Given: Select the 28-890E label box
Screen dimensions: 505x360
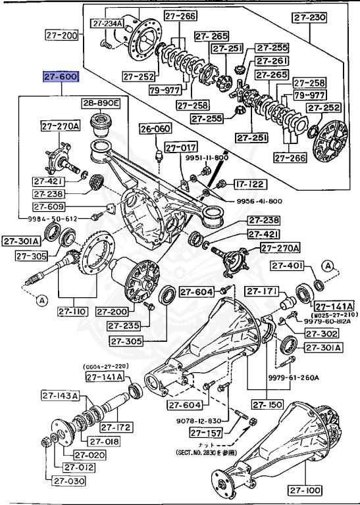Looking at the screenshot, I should [101, 103].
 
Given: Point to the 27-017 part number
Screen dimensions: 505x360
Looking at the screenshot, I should [180, 148].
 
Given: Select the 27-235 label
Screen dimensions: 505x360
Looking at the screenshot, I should [126, 325].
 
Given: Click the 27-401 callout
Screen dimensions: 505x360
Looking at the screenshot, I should [287, 265].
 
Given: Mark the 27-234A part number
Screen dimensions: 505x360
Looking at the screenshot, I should [108, 24].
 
